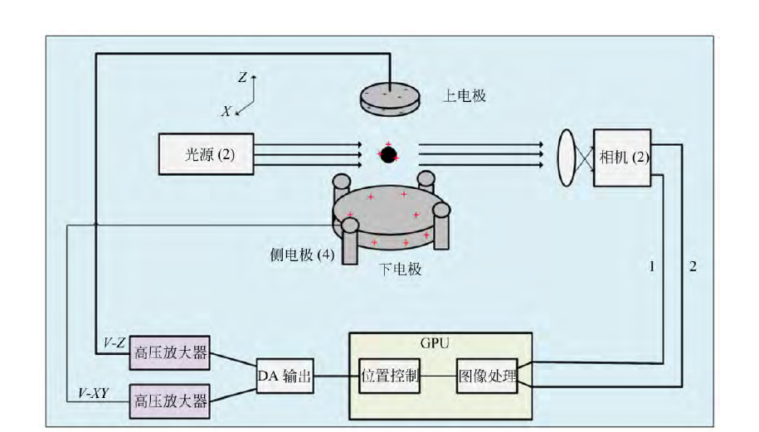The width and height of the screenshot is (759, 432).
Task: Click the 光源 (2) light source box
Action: tap(206, 153)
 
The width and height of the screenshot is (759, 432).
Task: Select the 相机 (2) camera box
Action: tap(622, 158)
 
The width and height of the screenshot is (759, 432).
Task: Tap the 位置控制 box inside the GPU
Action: tap(390, 377)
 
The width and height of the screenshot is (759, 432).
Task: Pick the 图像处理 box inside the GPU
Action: tap(487, 377)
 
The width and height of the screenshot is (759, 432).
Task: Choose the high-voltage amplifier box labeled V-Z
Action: tap(168, 356)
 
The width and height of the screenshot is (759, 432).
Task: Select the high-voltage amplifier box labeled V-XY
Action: tap(168, 402)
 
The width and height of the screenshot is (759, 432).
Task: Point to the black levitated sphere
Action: tap(388, 154)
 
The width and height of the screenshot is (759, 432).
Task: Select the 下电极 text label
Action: tap(400, 269)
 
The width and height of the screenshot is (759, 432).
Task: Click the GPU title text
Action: tap(440, 342)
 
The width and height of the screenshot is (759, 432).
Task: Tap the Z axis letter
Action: tap(242, 78)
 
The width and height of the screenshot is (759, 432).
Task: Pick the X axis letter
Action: tap(226, 111)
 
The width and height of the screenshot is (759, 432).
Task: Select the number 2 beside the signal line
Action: tap(693, 266)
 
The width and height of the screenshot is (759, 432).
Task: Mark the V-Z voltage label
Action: tap(113, 342)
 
